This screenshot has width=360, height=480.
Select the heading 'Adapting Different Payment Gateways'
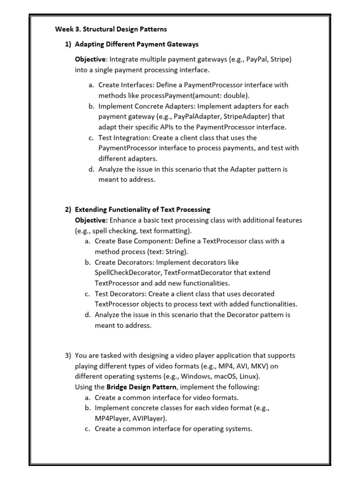[137, 44]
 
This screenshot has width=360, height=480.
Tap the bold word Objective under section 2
[91, 220]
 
